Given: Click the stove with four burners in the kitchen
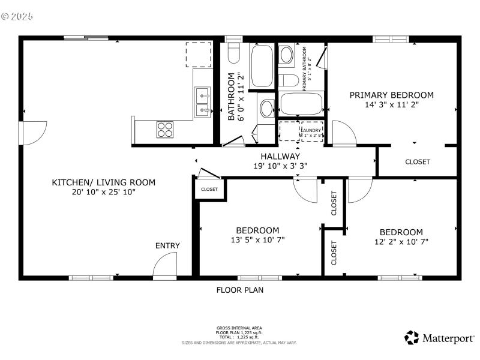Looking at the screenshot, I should (165, 129).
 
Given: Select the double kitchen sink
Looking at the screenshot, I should (202, 102).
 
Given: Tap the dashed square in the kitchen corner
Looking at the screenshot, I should (199, 55).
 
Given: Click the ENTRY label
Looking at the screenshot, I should (167, 245).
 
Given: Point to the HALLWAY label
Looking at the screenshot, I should (280, 156).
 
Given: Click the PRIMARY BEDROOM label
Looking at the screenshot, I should (391, 95).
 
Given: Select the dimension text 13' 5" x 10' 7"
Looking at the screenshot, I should (257, 240).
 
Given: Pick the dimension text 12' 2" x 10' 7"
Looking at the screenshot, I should (401, 242).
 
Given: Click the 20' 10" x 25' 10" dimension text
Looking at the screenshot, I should (103, 192).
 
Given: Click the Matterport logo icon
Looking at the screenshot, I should (411, 338).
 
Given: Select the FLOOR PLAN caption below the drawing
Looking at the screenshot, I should (239, 290).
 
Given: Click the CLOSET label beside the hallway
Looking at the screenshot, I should (209, 189).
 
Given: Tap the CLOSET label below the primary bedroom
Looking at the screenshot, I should (417, 162).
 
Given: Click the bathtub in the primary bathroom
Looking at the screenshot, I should (302, 104).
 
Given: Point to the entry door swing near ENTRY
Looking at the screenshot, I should (165, 266).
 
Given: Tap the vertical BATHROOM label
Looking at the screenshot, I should (230, 97).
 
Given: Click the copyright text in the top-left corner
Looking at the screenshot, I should (18, 16).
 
